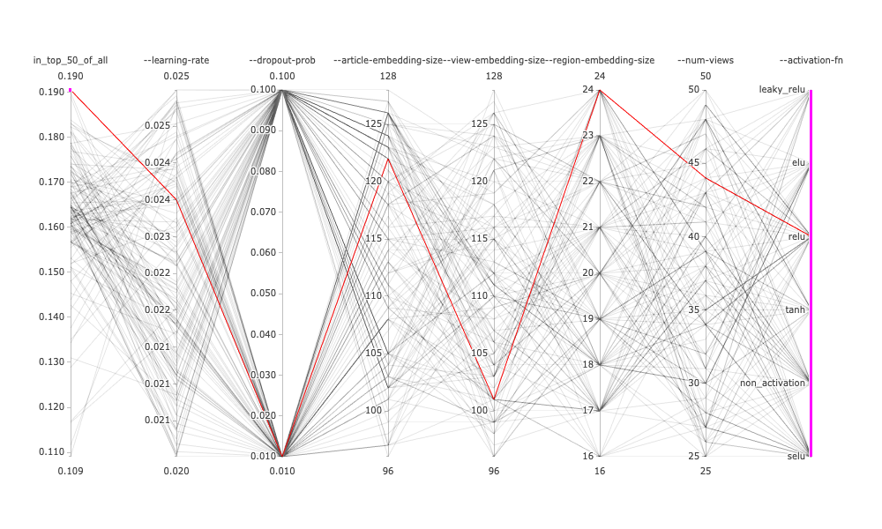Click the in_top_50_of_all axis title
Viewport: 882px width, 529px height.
click(71, 60)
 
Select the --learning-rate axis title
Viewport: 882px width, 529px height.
click(176, 60)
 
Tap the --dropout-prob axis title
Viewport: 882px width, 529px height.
click(282, 60)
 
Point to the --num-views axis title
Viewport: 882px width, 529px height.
click(706, 60)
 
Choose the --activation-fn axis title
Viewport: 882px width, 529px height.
click(811, 60)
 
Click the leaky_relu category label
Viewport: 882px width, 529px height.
click(782, 90)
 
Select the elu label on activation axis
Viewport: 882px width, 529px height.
click(798, 163)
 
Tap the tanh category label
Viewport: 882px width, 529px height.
click(796, 309)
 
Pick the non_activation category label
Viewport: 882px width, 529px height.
click(773, 383)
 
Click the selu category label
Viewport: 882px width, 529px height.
click(796, 456)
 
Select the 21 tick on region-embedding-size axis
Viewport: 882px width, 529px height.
click(588, 227)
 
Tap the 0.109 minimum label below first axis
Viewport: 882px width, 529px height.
click(71, 472)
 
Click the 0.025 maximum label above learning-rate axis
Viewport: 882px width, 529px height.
click(176, 76)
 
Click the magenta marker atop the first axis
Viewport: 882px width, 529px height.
click(71, 90)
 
